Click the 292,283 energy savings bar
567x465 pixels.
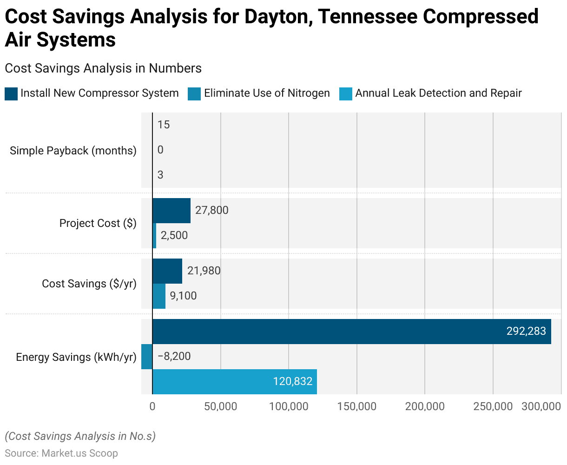coord(351,332)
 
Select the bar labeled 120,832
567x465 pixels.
coord(234,382)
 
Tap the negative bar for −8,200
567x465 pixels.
coord(147,357)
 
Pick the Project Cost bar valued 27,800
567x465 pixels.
coord(171,211)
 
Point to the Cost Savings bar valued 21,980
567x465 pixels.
coord(167,271)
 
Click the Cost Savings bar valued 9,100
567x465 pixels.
coord(159,296)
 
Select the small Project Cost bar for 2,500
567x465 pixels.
coord(154,236)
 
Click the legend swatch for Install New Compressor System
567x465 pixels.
coord(11,93)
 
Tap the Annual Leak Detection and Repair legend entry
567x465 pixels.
coord(438,93)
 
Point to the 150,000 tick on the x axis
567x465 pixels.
coord(357,406)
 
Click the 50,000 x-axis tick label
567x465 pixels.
coord(221,406)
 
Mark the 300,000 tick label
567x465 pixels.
coord(541,406)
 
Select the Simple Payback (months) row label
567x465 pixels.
coord(73,151)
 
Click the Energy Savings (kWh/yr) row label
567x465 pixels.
coord(76,357)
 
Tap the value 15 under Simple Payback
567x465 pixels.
coord(164,125)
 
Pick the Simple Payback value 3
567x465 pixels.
coord(160,175)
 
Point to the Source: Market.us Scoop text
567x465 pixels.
coord(61,453)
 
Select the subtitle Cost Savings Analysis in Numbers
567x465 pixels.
coord(103,68)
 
